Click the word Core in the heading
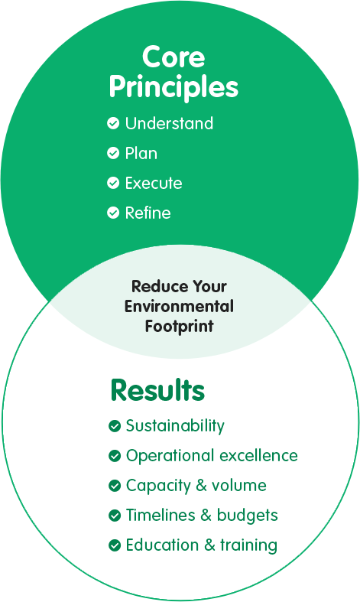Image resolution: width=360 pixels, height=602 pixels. [x=174, y=57]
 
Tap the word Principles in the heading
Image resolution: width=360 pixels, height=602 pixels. [x=174, y=87]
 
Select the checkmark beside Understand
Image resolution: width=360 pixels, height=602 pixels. [x=113, y=123]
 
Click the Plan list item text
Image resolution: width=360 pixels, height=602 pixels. [x=141, y=153]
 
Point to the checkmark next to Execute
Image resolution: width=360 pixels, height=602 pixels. [x=113, y=183]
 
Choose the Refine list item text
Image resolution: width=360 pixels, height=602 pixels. [x=148, y=213]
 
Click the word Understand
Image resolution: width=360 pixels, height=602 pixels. [x=169, y=123]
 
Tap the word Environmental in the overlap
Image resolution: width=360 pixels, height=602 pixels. [x=179, y=307]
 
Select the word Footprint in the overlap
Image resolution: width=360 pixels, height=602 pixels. [x=179, y=327]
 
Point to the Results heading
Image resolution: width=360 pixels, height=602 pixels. [x=157, y=390]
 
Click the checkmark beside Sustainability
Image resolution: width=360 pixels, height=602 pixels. [x=115, y=426]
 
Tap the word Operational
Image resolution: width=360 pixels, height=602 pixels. [x=170, y=456]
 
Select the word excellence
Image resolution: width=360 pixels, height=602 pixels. [x=258, y=456]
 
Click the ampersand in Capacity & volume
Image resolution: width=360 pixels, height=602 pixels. [x=201, y=486]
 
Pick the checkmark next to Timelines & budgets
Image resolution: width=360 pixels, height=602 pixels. [x=115, y=516]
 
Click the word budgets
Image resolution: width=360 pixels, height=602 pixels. [x=247, y=516]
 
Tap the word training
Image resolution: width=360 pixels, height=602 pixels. [x=248, y=545]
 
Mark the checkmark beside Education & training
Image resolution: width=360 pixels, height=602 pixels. [x=115, y=545]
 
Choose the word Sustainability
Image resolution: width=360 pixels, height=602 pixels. [x=175, y=426]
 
